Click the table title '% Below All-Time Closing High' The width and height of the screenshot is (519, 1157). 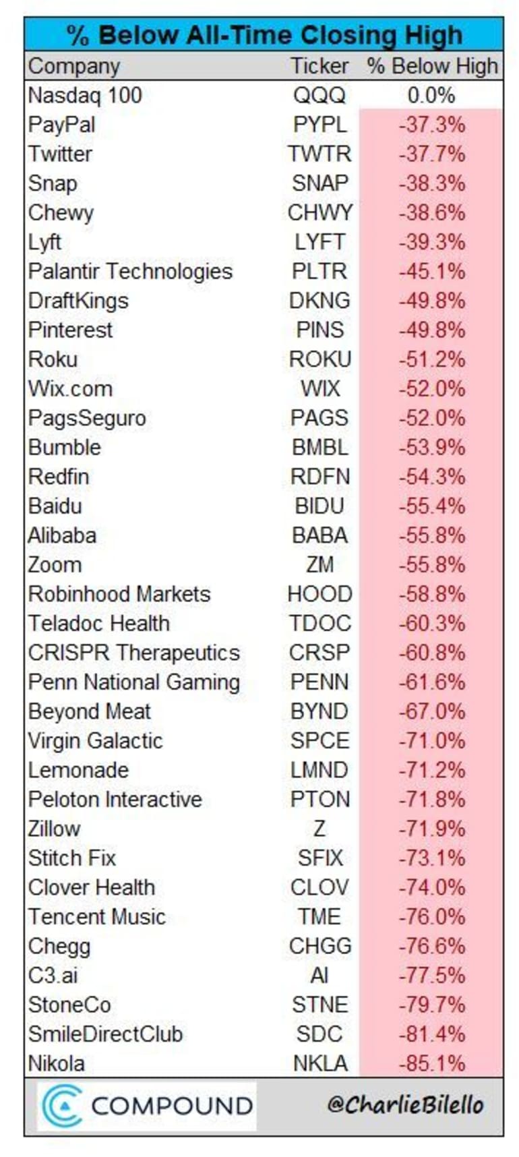[x=264, y=35]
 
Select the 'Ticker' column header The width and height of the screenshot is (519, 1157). [x=319, y=66]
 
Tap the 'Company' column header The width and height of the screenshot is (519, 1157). [x=73, y=66]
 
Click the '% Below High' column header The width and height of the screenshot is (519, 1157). [x=432, y=66]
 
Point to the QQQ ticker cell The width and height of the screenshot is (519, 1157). [x=319, y=95]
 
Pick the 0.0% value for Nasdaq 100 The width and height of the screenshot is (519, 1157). [x=431, y=95]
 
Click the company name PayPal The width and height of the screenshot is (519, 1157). [x=61, y=125]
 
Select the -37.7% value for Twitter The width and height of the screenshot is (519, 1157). [x=431, y=154]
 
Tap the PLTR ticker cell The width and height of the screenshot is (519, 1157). [x=319, y=271]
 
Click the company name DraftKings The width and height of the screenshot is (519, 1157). [x=78, y=301]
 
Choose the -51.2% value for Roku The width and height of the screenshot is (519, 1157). [x=431, y=359]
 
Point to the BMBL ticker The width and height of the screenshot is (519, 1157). [x=319, y=447]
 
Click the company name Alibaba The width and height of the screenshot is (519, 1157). [x=62, y=535]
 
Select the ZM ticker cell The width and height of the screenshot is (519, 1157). [x=319, y=564]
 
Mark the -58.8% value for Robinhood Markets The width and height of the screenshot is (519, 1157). [x=431, y=594]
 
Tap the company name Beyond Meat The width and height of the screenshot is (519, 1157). [x=89, y=711]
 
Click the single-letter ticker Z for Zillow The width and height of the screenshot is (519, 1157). [x=319, y=829]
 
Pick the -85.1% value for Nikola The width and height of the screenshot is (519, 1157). [x=431, y=1063]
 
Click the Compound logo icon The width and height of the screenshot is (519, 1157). [x=62, y=1106]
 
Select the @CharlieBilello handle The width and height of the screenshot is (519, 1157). [x=405, y=1104]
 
